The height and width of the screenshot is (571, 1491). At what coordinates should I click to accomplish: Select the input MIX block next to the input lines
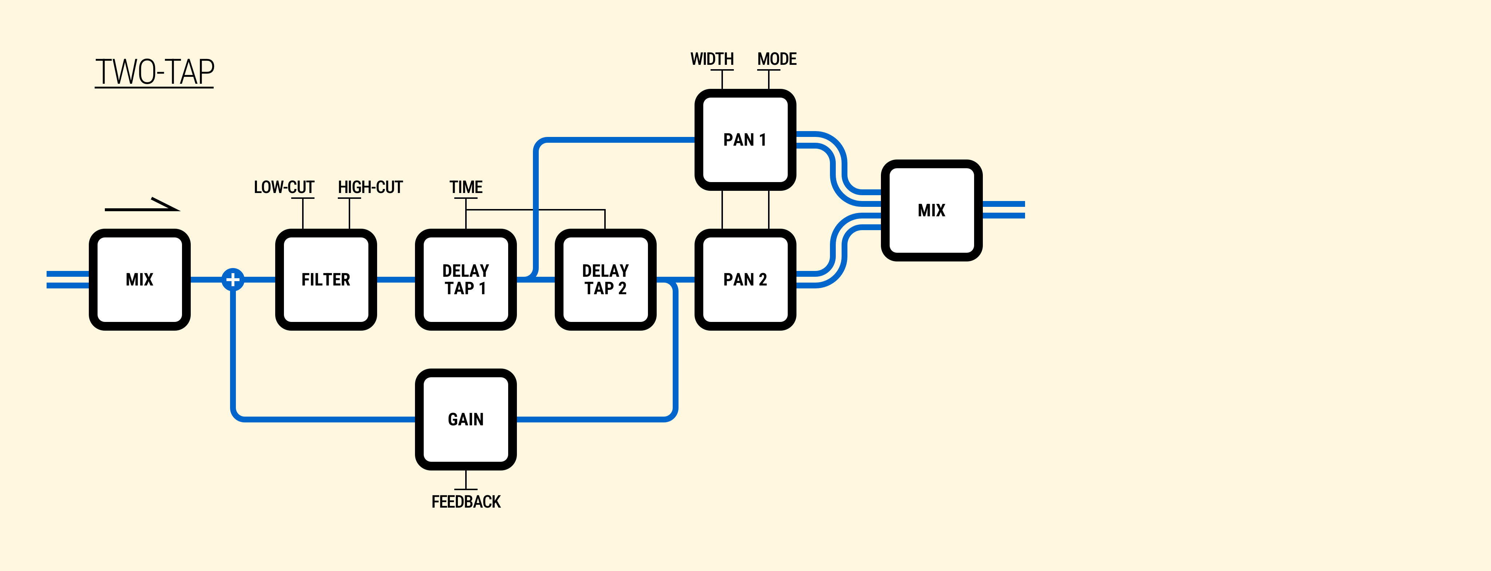tap(139, 280)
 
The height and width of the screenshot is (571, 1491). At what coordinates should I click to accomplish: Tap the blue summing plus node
tap(233, 280)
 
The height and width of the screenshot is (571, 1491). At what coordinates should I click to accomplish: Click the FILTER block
tap(326, 280)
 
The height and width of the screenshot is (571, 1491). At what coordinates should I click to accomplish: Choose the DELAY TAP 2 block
tap(605, 280)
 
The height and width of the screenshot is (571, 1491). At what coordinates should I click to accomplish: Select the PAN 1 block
tap(745, 139)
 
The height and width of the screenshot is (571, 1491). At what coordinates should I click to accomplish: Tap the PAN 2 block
tap(745, 280)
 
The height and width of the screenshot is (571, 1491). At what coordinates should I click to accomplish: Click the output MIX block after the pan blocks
tap(931, 210)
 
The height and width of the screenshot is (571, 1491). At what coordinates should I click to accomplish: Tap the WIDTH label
tap(712, 59)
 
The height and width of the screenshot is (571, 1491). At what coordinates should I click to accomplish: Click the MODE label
tap(777, 59)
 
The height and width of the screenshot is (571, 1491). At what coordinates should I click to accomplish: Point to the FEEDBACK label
tap(466, 501)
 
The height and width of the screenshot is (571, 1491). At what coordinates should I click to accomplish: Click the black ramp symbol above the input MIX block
tap(142, 206)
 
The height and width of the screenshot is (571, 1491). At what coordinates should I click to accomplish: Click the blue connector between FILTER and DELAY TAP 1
tap(396, 280)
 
